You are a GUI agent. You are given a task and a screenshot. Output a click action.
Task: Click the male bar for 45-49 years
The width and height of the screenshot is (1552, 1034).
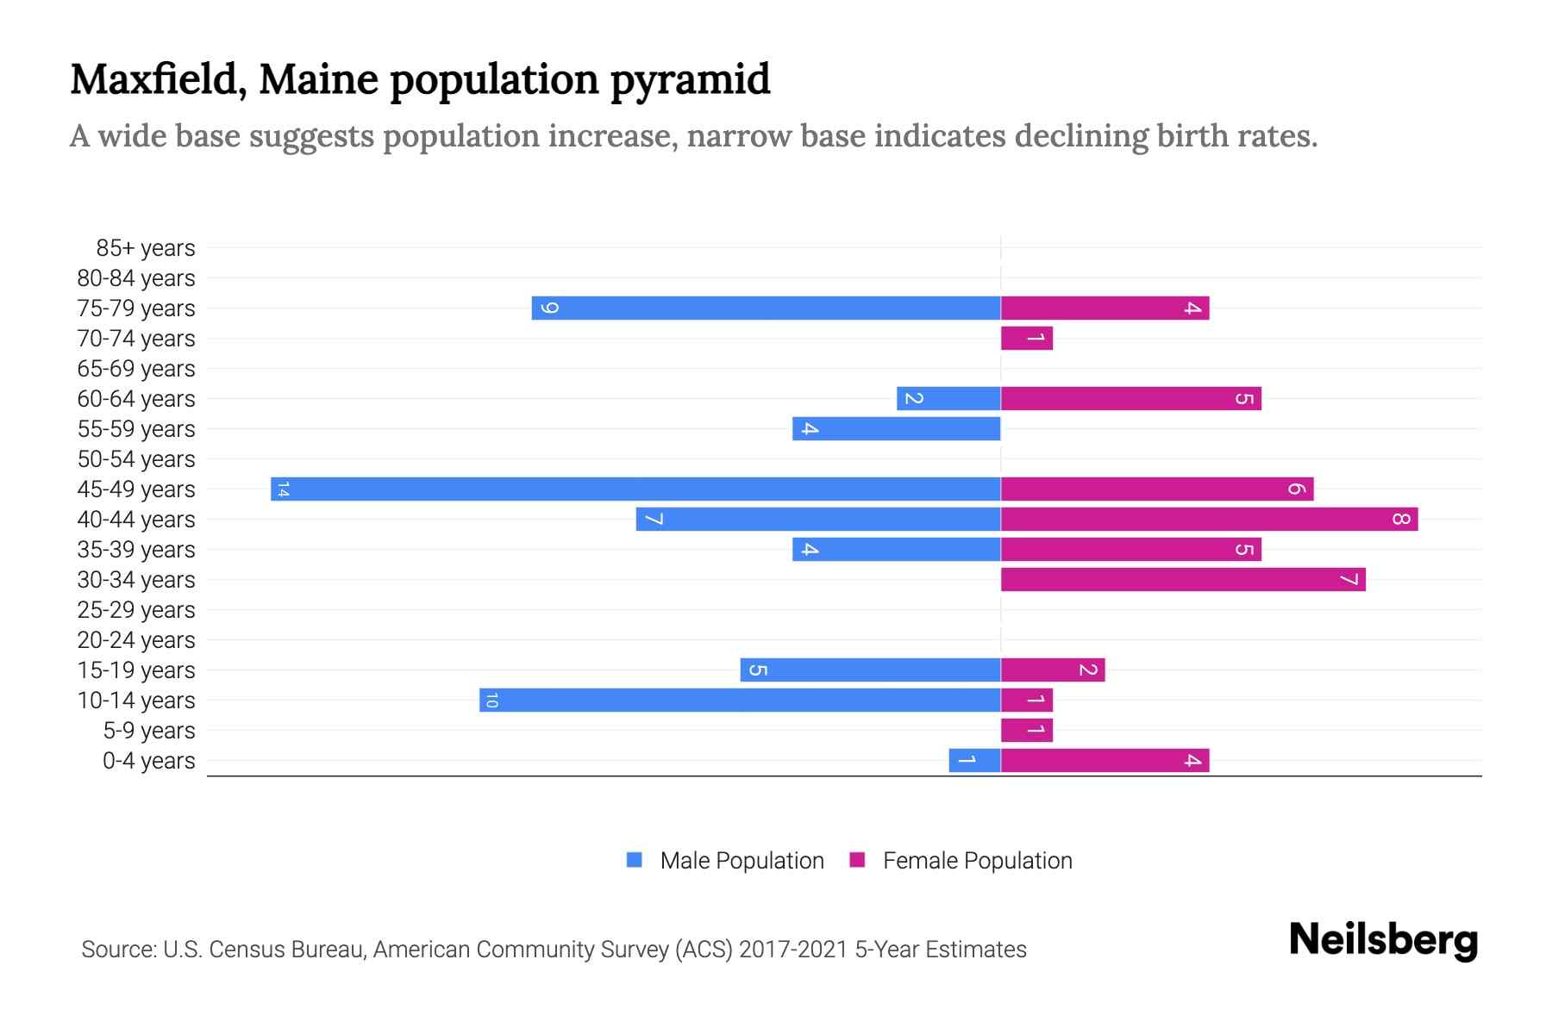point(635,489)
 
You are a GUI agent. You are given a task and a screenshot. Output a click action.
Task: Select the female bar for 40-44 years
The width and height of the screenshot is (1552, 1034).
point(1209,519)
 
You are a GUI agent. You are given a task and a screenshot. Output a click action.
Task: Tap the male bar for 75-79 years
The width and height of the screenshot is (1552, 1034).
point(766,308)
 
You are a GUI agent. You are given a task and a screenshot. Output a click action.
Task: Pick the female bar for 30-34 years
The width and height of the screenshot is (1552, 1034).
point(1183,579)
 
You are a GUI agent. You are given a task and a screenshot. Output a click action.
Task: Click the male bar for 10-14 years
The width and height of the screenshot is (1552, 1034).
point(740,700)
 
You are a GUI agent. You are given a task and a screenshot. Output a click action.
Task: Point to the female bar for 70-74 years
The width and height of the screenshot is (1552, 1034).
point(1026,338)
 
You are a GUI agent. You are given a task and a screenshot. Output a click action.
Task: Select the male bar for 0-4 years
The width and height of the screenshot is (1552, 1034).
point(974,760)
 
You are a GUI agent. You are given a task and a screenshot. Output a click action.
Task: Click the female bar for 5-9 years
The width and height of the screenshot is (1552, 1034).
point(1026,730)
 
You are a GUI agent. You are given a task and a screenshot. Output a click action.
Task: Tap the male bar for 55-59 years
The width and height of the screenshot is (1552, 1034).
point(897,428)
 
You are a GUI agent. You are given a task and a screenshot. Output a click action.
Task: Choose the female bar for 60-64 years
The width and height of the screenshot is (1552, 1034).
point(1130,398)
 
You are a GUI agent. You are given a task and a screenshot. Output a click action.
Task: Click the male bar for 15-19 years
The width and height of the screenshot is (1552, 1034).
point(870,670)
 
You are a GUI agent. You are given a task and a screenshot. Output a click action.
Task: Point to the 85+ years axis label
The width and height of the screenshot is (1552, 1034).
point(145,248)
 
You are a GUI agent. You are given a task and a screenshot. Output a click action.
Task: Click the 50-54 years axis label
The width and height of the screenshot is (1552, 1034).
point(136,459)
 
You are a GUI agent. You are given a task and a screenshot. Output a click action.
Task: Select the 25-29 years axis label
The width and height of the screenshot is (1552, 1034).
point(136,610)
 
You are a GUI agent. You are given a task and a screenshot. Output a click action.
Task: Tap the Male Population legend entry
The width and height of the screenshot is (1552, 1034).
point(741,860)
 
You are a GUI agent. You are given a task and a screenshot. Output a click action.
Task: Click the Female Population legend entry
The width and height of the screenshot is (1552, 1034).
point(977,860)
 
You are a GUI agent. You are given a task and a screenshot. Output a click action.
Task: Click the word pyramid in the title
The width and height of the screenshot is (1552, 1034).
point(690,80)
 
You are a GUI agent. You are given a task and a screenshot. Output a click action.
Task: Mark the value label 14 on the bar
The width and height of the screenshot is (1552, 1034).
point(283,489)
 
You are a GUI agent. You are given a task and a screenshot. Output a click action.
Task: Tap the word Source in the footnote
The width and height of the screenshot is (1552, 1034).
point(117,950)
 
